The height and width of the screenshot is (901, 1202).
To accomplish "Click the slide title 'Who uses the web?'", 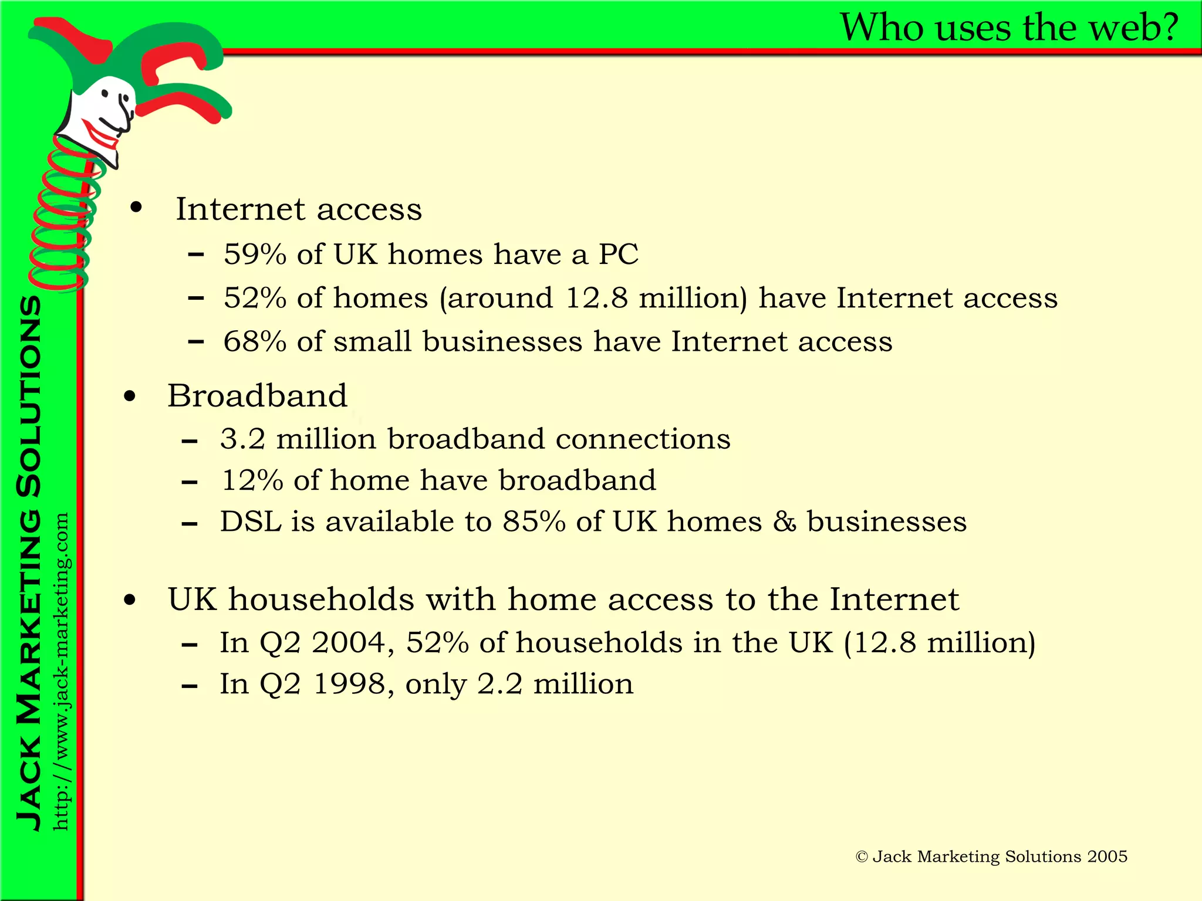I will point(1009,28).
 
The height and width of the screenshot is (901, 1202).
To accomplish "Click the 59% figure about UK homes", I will point(255,255).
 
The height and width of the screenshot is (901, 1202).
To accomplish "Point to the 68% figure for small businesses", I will point(255,341).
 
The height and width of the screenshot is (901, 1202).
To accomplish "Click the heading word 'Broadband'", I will point(257,396).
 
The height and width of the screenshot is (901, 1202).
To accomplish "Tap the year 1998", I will point(350,684).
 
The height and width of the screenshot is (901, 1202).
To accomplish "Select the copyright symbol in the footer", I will point(862,857).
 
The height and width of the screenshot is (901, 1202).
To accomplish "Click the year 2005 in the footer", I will point(1106,856).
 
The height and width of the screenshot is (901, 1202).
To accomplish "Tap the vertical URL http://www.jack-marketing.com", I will point(61,672).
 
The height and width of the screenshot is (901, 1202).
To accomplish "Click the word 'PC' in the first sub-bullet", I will point(618,255).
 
